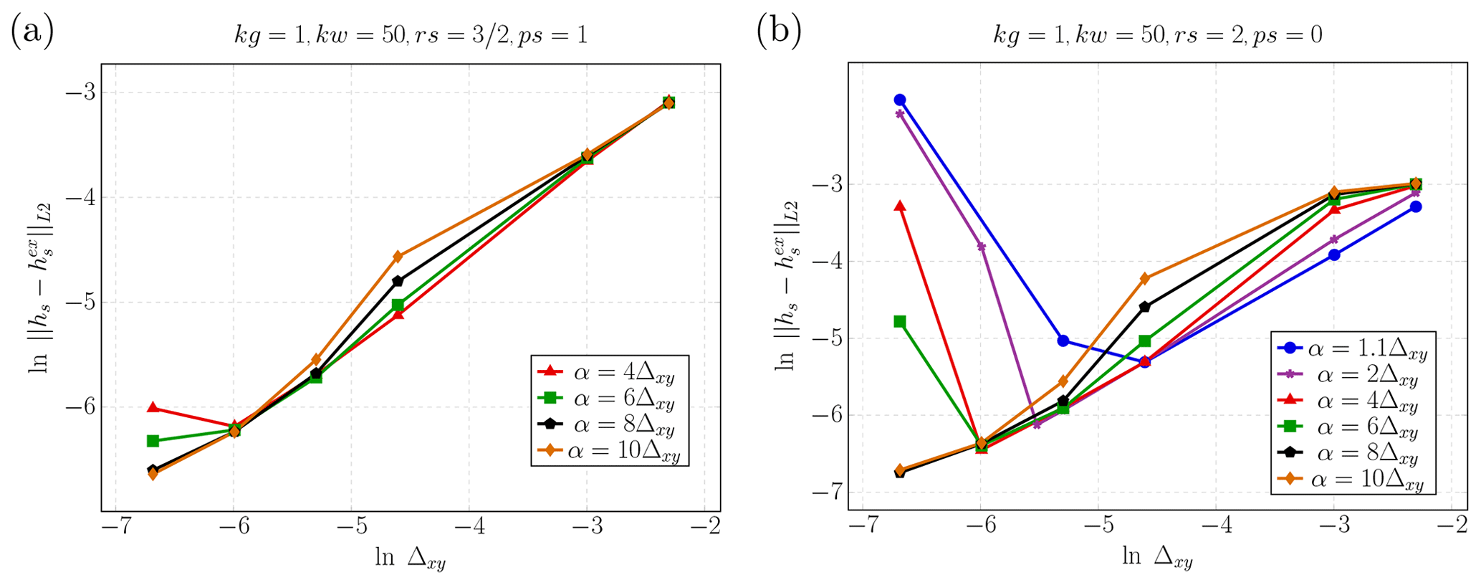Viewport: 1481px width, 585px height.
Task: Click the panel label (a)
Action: (x=32, y=33)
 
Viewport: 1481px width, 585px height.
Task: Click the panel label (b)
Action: (x=779, y=33)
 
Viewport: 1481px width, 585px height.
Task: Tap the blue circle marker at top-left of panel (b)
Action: (x=900, y=100)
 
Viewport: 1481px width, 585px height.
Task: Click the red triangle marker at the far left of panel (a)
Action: (x=153, y=407)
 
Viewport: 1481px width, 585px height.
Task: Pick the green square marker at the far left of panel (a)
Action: (x=153, y=441)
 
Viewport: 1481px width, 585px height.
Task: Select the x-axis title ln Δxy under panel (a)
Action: (x=410, y=558)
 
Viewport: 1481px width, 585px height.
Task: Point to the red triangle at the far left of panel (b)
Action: (x=900, y=206)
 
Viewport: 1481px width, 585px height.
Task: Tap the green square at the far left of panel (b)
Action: (x=900, y=321)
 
